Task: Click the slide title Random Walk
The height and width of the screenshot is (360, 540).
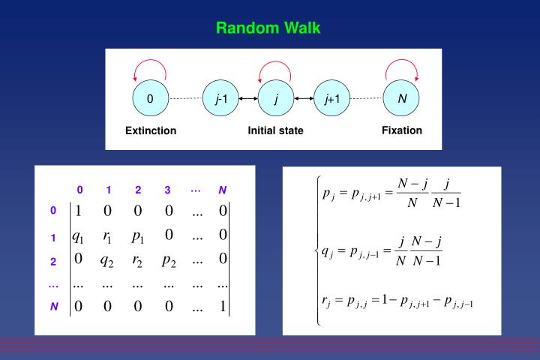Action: [268, 28]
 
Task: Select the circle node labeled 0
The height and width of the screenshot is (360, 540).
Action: [150, 98]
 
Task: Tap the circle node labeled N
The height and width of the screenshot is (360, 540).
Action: [402, 98]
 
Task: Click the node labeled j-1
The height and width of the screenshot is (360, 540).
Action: [220, 98]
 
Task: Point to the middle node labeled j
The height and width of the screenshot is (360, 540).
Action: [276, 98]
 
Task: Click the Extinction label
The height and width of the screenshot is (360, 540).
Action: [151, 130]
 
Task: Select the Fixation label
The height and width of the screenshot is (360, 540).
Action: [401, 130]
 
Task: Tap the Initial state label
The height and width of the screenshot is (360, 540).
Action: [275, 130]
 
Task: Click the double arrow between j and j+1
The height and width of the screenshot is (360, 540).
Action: [304, 98]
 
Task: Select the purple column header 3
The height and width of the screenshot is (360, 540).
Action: [168, 190]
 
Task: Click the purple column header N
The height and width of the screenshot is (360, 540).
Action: [222, 190]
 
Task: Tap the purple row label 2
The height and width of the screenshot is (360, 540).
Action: [53, 262]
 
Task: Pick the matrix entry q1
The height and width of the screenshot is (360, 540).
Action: [78, 235]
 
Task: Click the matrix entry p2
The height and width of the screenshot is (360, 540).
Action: [169, 261]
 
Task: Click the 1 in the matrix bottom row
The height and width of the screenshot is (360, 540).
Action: [222, 305]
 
